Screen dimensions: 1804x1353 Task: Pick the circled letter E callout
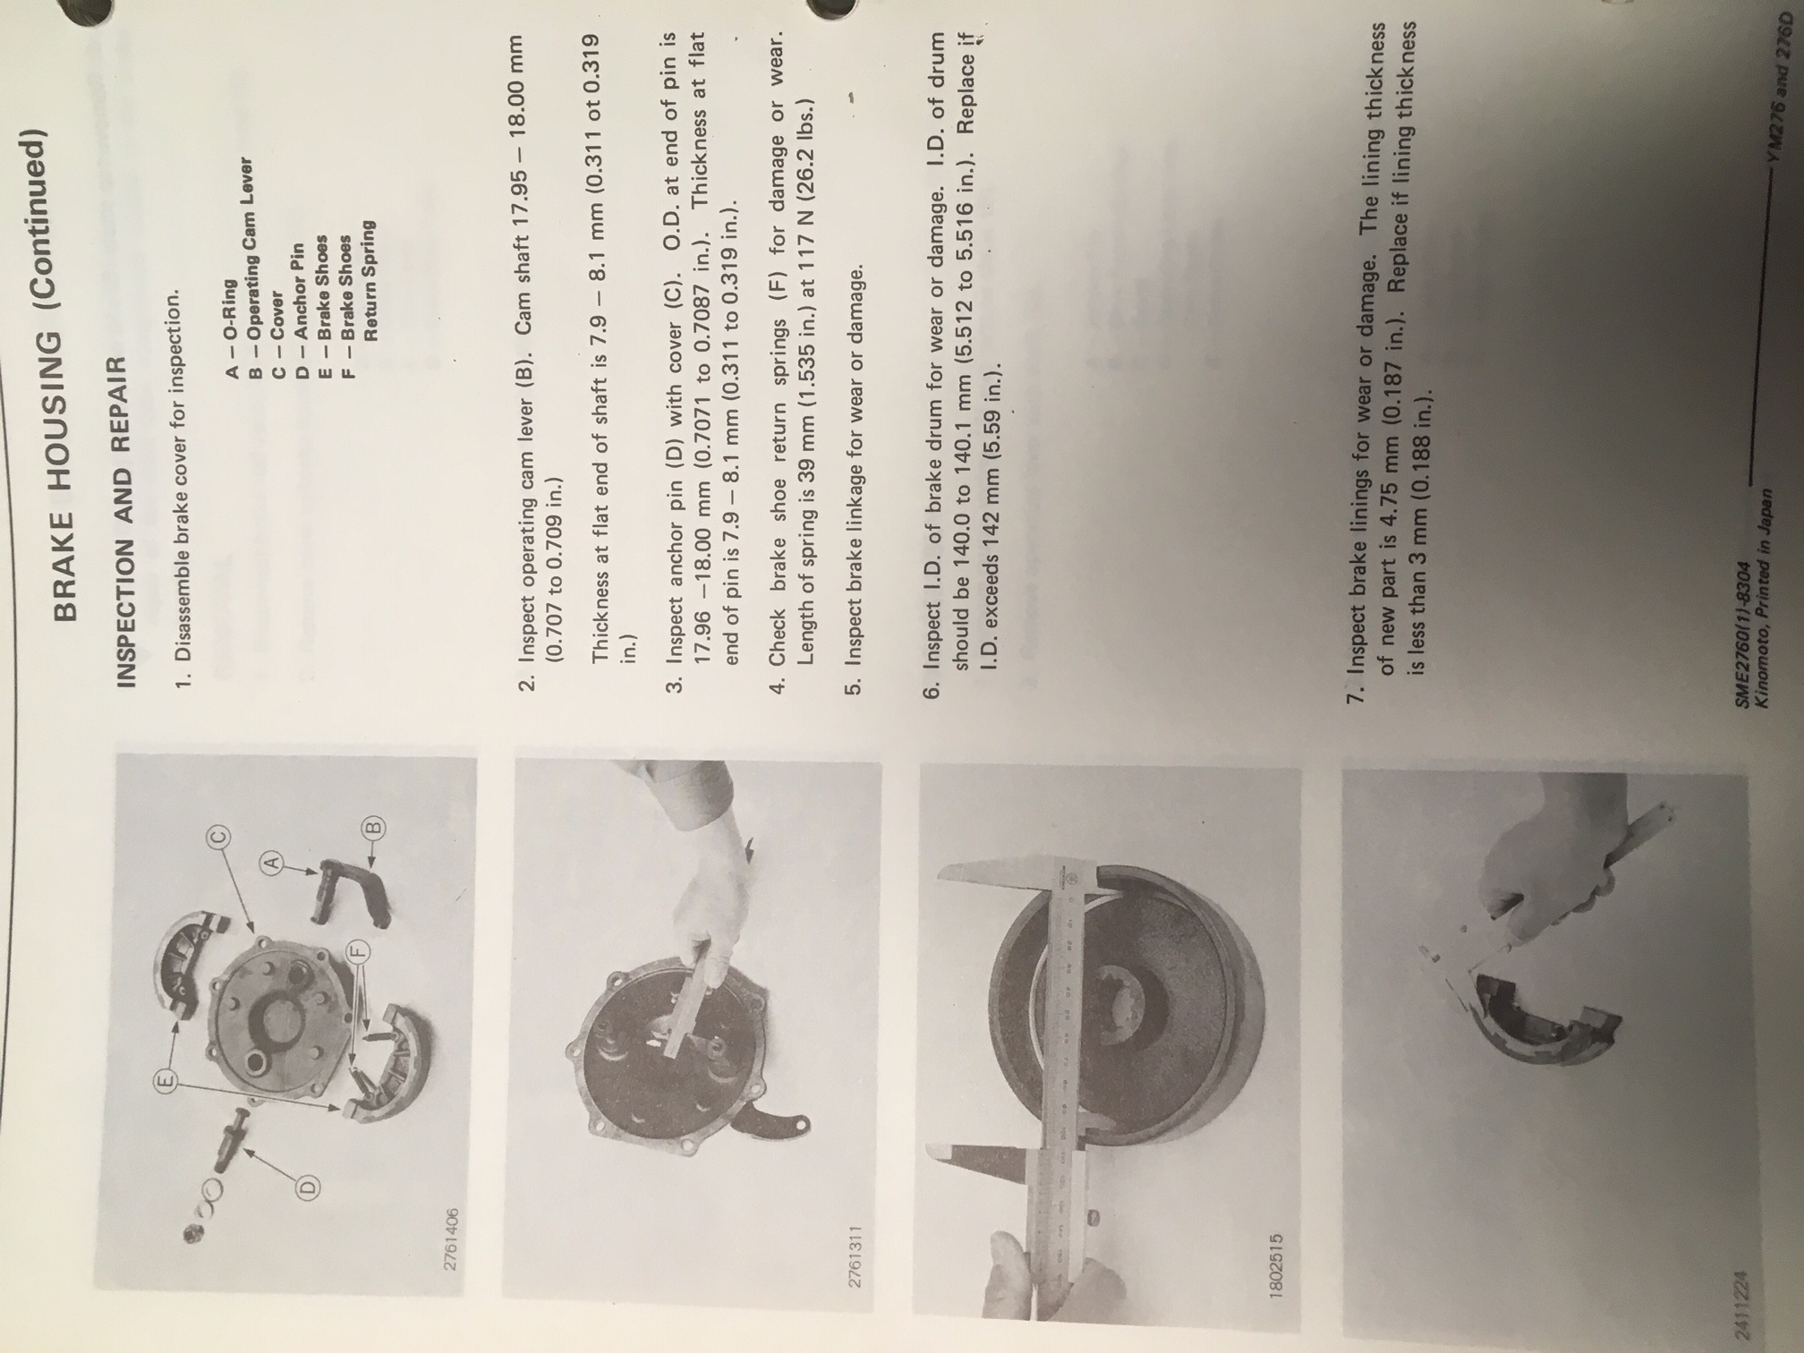click(x=166, y=1083)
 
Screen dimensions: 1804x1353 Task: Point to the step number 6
click(x=931, y=691)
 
